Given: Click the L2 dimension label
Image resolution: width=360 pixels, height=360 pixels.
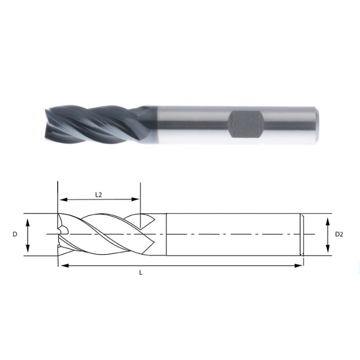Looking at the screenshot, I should point(99,194).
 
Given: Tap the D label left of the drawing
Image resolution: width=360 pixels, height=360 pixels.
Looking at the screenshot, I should point(15,235).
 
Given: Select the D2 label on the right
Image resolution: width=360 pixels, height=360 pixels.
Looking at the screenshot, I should point(339,235).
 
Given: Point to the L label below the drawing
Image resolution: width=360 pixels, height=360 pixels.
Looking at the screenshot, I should point(140,273).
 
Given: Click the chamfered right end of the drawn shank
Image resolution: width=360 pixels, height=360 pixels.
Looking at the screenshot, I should point(302,235).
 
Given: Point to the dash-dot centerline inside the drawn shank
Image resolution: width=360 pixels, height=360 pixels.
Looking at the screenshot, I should point(231,235).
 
